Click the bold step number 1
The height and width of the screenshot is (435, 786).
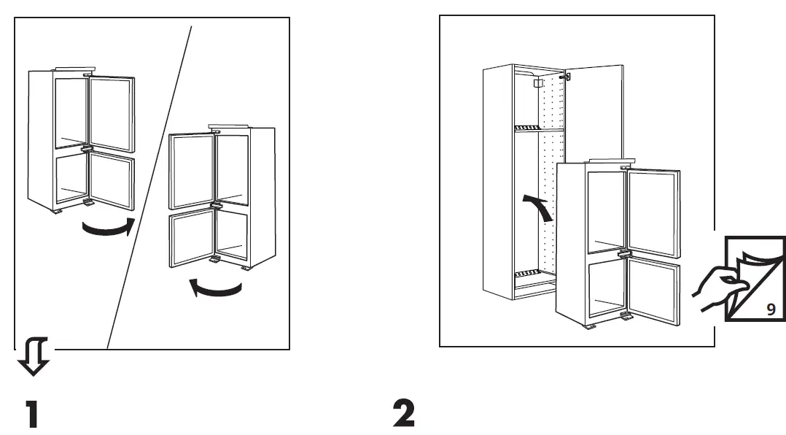(x=32, y=414)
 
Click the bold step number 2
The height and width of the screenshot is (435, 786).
(x=403, y=414)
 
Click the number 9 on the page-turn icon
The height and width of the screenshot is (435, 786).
(x=770, y=309)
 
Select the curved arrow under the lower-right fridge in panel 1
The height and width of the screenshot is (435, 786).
(x=214, y=289)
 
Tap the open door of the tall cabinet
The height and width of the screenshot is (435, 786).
(x=594, y=109)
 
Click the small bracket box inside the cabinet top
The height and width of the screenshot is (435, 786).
(x=540, y=84)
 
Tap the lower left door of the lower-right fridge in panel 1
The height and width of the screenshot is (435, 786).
(x=191, y=239)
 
